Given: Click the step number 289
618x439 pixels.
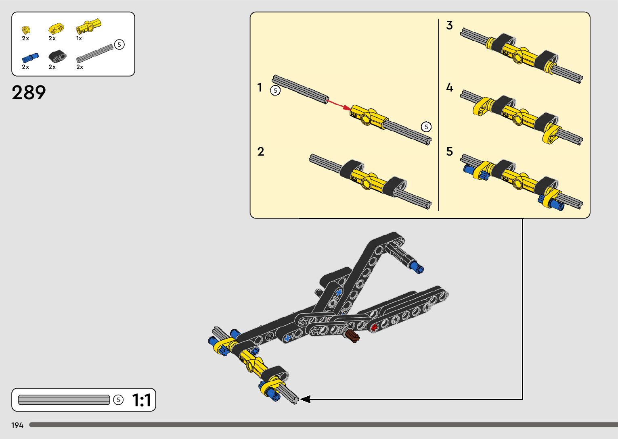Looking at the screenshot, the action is [x=29, y=93].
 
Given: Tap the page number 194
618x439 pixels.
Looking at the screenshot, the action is [x=17, y=425].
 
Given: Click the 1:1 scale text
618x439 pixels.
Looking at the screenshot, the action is [x=142, y=400].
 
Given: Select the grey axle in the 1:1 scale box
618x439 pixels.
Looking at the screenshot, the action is [x=64, y=400].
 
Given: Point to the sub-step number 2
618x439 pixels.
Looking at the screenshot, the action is [x=261, y=152].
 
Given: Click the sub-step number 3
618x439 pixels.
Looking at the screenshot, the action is [x=449, y=25].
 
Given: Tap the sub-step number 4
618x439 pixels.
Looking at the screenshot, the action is [x=450, y=87].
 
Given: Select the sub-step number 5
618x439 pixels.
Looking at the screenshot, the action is [x=450, y=152].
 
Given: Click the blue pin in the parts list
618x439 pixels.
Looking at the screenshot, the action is [x=30, y=58].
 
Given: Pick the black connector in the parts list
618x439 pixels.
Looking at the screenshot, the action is [x=57, y=56].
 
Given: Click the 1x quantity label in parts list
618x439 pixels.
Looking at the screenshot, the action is [x=79, y=39].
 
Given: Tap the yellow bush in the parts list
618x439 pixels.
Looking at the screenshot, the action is [x=26, y=29].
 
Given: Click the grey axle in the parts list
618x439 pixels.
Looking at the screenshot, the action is [x=95, y=53].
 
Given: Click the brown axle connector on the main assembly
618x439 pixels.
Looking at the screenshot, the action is [x=352, y=335].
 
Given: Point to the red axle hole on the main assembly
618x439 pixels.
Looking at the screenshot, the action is [x=374, y=327].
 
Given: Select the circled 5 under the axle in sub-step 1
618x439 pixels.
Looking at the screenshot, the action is [x=275, y=90].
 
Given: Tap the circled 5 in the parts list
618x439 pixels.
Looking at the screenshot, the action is [x=119, y=44].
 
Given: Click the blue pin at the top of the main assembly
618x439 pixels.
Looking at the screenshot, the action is [x=416, y=267].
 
